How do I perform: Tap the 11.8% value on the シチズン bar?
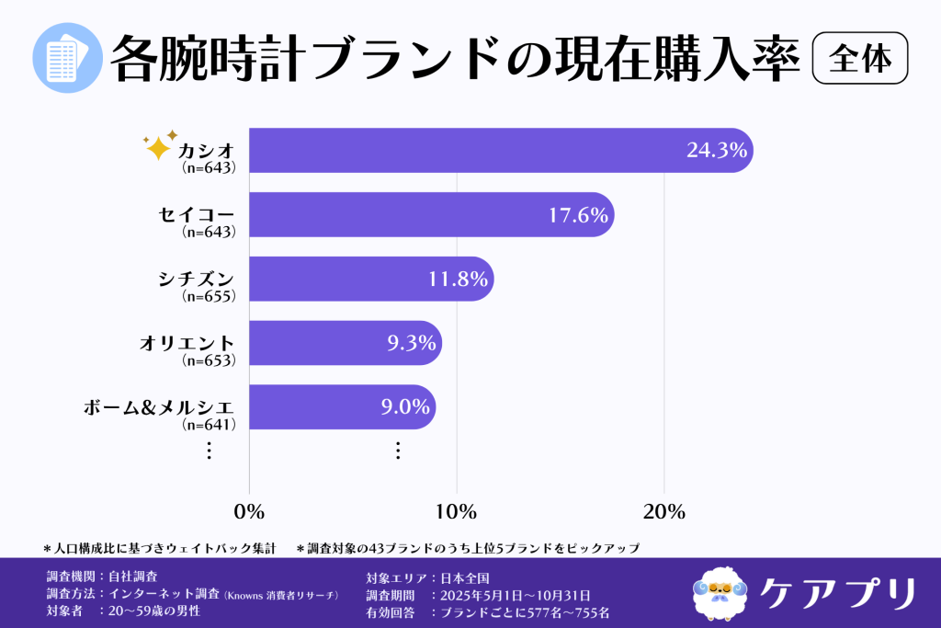(x=458, y=279)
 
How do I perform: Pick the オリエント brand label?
(x=187, y=343)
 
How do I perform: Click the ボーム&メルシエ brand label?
(x=159, y=406)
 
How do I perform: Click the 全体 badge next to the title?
(x=860, y=59)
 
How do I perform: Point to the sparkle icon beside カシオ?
(x=159, y=145)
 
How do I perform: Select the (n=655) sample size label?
(x=210, y=296)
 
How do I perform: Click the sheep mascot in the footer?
(x=720, y=593)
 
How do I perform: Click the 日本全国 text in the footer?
(x=466, y=578)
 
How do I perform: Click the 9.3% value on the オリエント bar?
(x=410, y=343)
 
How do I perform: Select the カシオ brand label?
(x=207, y=150)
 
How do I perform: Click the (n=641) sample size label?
(x=210, y=424)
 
